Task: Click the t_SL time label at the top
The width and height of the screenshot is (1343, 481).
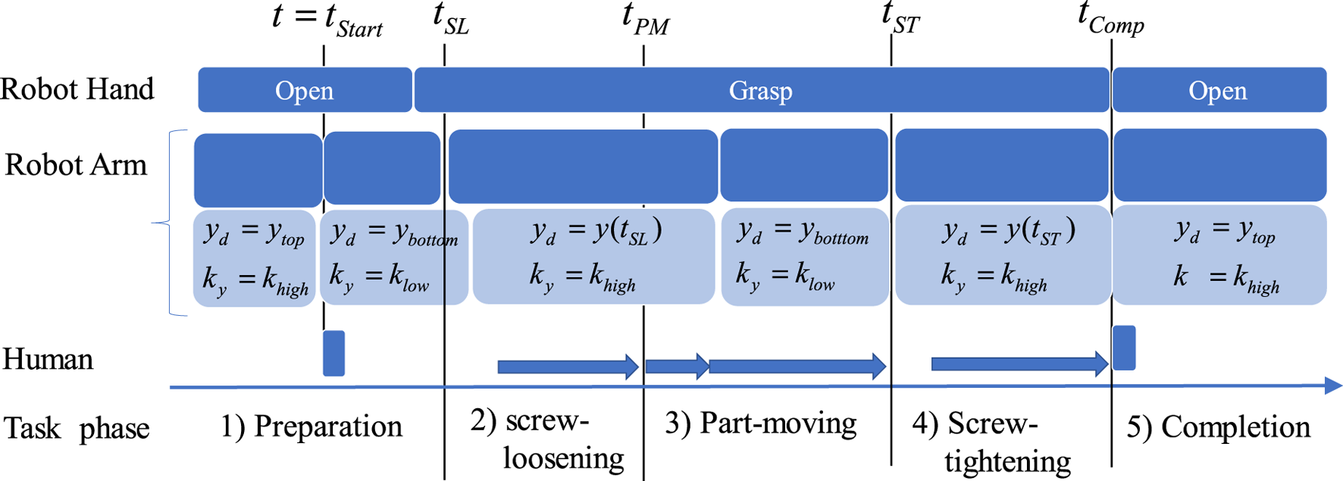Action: pyautogui.click(x=450, y=20)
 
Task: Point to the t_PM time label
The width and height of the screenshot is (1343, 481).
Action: pyautogui.click(x=646, y=20)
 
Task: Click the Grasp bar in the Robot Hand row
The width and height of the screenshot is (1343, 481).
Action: pyautogui.click(x=761, y=90)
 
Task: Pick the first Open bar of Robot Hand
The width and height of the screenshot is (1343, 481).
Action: pyautogui.click(x=305, y=90)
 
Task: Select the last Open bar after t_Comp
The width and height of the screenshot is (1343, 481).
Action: pyautogui.click(x=1218, y=90)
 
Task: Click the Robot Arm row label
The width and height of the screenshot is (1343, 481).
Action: pyautogui.click(x=76, y=165)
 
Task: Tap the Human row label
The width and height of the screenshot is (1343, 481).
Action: pyautogui.click(x=48, y=359)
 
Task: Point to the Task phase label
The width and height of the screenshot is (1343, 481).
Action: pyautogui.click(x=77, y=429)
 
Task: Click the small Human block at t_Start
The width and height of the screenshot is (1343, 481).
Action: pyautogui.click(x=333, y=353)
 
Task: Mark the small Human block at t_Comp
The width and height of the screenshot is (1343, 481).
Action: pyautogui.click(x=1123, y=348)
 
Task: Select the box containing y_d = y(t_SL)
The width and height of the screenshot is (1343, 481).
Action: pyautogui.click(x=593, y=256)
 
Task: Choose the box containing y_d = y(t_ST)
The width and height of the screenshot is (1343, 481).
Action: pyautogui.click(x=1003, y=256)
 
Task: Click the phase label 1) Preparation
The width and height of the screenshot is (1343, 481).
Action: pyautogui.click(x=311, y=426)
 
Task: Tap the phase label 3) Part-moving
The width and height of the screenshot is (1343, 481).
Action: pyautogui.click(x=760, y=423)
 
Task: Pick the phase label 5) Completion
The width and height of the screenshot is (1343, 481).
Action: pyautogui.click(x=1218, y=427)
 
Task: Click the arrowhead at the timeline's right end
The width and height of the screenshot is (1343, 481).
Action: pyautogui.click(x=1333, y=386)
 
